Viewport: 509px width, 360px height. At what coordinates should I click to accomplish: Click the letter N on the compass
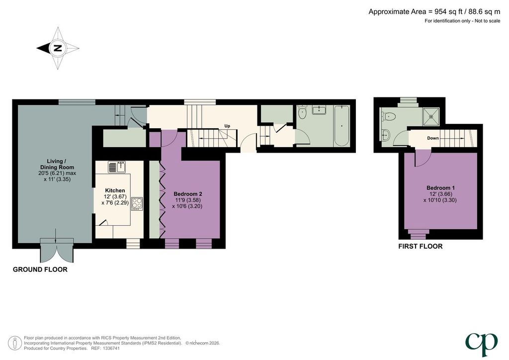(58, 48)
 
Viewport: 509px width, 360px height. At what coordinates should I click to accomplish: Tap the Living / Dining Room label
(57, 164)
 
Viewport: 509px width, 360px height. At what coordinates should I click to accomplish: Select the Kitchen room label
(115, 190)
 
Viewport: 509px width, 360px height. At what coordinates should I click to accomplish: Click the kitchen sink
(117, 167)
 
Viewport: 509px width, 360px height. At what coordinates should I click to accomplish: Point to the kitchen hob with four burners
(137, 203)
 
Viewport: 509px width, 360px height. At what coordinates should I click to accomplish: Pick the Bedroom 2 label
(188, 194)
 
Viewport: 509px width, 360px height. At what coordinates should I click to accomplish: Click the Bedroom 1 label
(440, 188)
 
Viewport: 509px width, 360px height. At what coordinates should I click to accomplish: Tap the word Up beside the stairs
(227, 126)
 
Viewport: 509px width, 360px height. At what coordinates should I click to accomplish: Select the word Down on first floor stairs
(433, 138)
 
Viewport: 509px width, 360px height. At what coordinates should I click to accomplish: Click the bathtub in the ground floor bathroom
(341, 126)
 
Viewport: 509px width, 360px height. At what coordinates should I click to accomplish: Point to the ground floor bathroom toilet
(302, 112)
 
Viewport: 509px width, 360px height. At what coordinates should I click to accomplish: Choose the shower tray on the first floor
(431, 116)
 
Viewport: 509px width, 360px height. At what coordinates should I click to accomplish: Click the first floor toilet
(389, 116)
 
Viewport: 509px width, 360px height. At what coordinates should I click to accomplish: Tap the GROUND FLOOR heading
(40, 270)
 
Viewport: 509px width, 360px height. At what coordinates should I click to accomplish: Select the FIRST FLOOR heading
(421, 247)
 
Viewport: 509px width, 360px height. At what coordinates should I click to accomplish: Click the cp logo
(481, 345)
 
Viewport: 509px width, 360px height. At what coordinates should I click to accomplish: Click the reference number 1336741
(112, 348)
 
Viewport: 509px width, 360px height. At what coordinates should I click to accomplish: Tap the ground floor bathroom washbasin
(319, 110)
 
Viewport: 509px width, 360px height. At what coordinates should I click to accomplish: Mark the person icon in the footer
(15, 343)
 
